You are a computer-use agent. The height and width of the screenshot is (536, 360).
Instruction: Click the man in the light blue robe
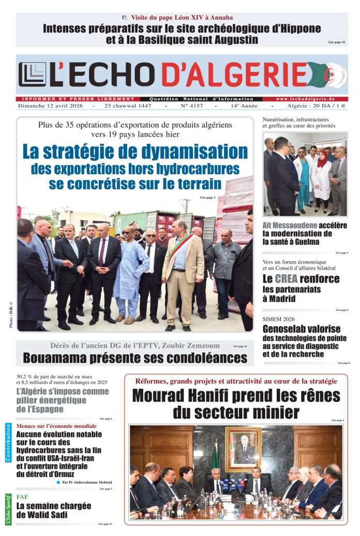point(130,274)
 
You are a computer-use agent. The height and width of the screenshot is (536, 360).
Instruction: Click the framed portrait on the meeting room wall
point(243,449)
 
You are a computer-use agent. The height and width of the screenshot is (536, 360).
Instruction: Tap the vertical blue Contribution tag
point(8,442)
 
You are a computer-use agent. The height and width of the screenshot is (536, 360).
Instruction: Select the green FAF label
point(22,497)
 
